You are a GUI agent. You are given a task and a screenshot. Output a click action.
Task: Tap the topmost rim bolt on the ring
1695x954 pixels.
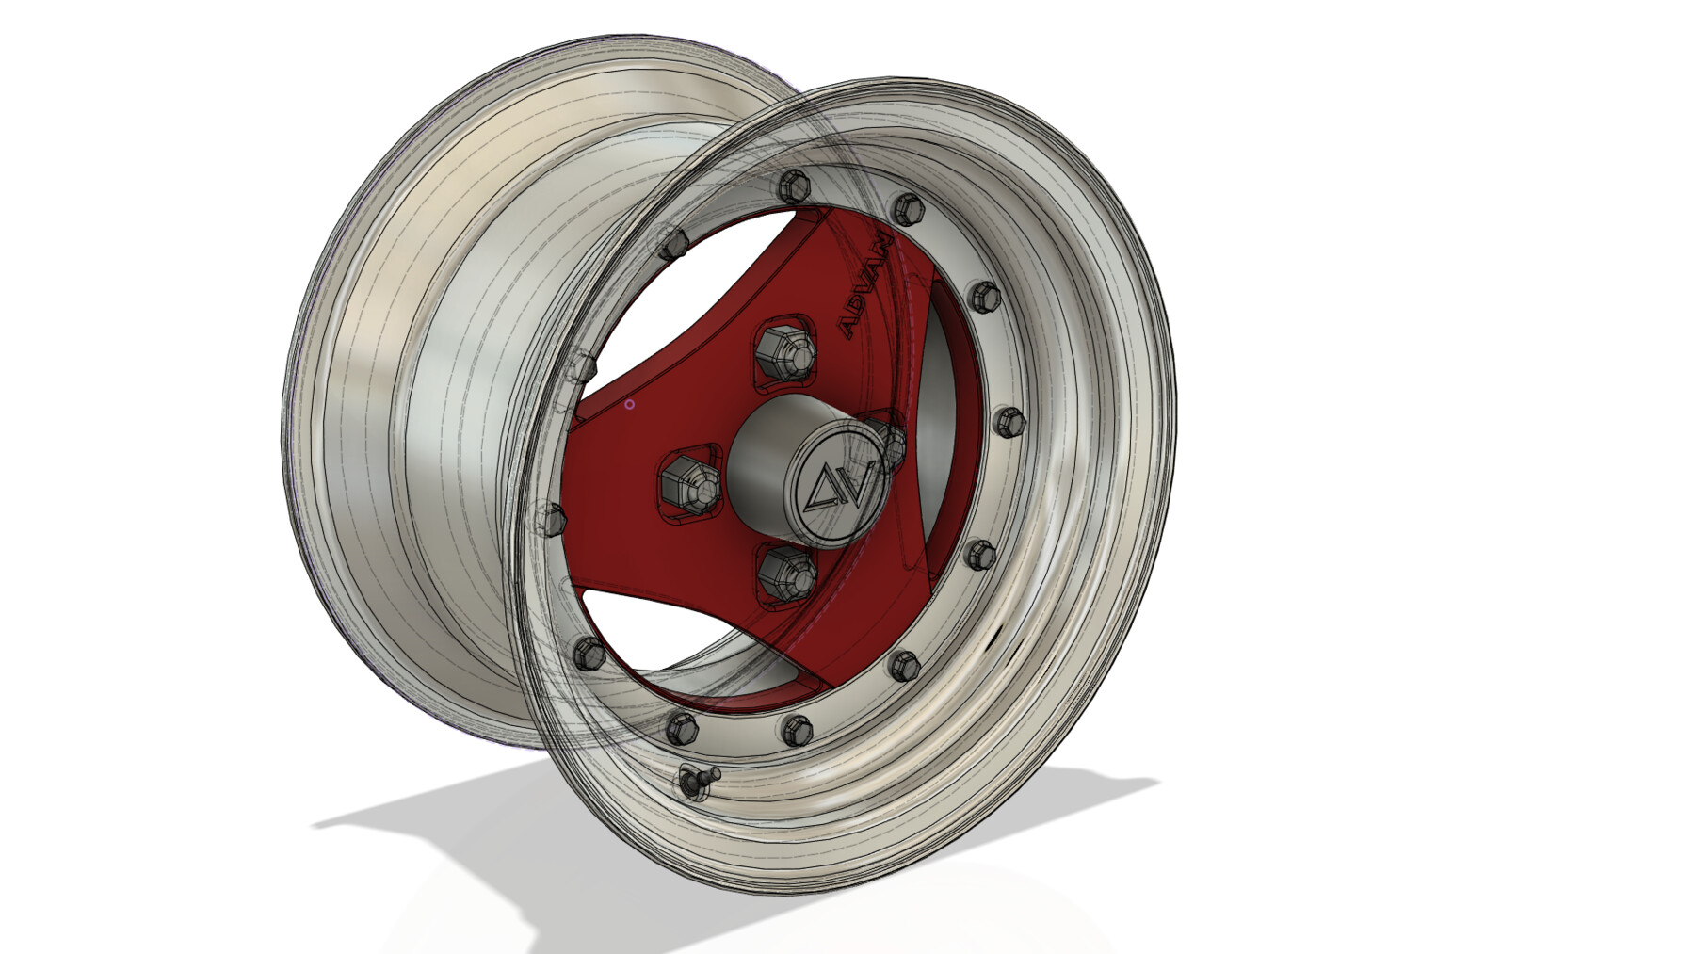[794, 184]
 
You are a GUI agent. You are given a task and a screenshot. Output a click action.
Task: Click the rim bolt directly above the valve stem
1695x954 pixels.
[681, 727]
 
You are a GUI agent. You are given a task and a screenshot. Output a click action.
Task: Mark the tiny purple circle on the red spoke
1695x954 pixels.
[630, 405]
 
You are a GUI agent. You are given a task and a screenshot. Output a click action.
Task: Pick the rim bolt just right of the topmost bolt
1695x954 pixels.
[907, 206]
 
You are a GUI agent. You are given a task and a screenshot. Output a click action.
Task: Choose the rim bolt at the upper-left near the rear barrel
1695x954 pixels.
[673, 244]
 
